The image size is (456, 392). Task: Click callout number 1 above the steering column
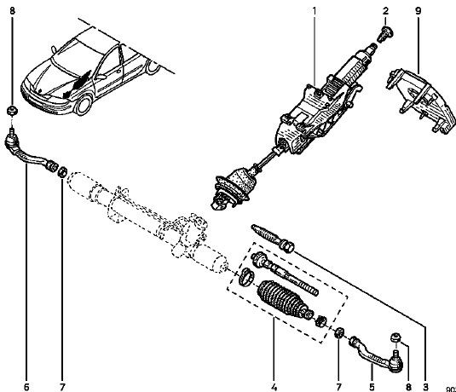(314, 11)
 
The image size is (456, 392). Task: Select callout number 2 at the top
(384, 11)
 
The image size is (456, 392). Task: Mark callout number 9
(417, 11)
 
